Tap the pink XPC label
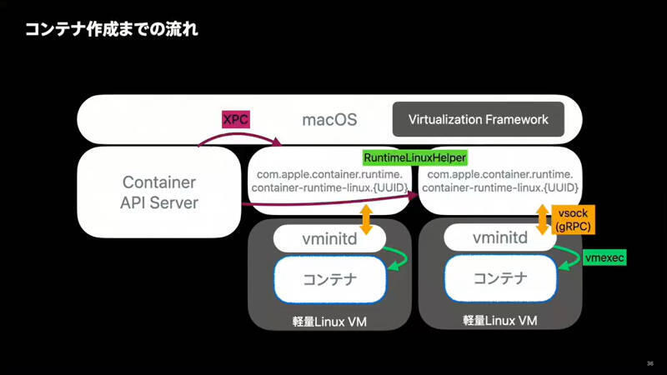click(235, 118)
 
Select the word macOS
click(329, 120)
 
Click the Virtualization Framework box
click(479, 119)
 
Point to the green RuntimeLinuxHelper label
click(415, 157)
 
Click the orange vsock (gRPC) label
click(576, 220)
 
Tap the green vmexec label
click(604, 258)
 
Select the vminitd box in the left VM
click(330, 238)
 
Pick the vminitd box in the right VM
click(500, 238)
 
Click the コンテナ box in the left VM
click(330, 279)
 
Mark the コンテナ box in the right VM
click(501, 279)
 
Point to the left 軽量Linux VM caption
click(329, 321)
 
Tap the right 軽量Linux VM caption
click(500, 321)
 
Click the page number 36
click(649, 363)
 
